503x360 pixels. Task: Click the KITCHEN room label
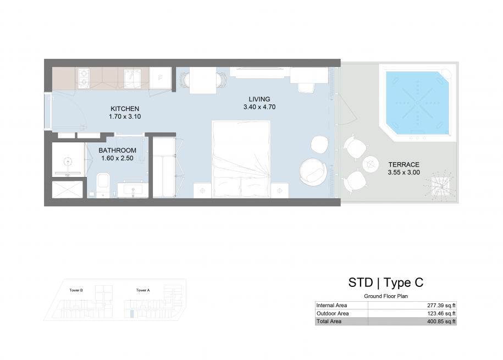coord(125,109)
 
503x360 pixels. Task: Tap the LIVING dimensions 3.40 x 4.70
coord(259,107)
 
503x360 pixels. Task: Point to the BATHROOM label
coord(118,150)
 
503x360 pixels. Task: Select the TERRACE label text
coord(404,164)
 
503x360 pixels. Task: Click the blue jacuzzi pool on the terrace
coord(417,103)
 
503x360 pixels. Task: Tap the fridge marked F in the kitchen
coord(160,77)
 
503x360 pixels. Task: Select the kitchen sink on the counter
coord(132,79)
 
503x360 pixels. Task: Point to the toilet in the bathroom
coord(103,185)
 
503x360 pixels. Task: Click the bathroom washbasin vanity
coord(133,190)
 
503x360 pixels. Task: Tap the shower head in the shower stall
coord(68,161)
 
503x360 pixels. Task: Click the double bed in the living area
coord(241,159)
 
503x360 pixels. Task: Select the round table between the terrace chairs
coord(371,164)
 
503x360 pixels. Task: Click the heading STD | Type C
coord(386,283)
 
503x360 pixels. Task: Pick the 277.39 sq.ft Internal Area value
coord(441,306)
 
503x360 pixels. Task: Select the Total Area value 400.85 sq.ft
coord(441,322)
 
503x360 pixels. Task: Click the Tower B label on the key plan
coord(76,290)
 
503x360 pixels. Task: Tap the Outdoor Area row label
coord(333,313)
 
